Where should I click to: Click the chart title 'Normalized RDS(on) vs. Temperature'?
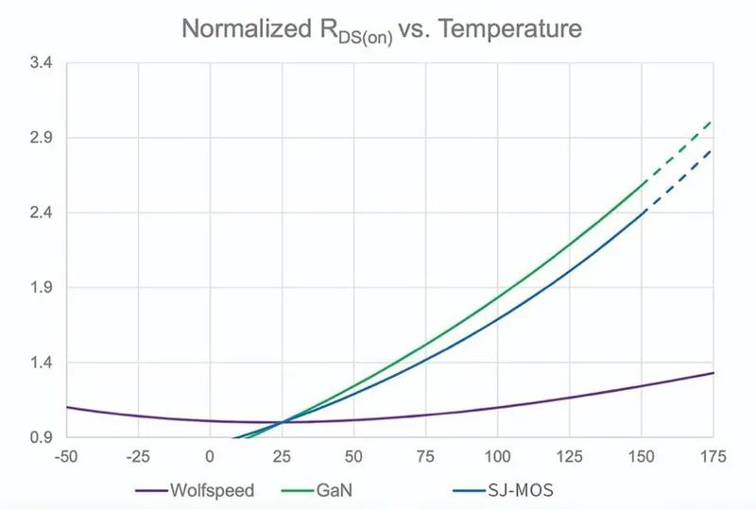click(382, 29)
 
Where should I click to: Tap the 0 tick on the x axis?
click(210, 457)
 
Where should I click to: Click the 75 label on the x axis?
click(425, 457)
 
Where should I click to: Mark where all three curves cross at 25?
click(282, 422)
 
